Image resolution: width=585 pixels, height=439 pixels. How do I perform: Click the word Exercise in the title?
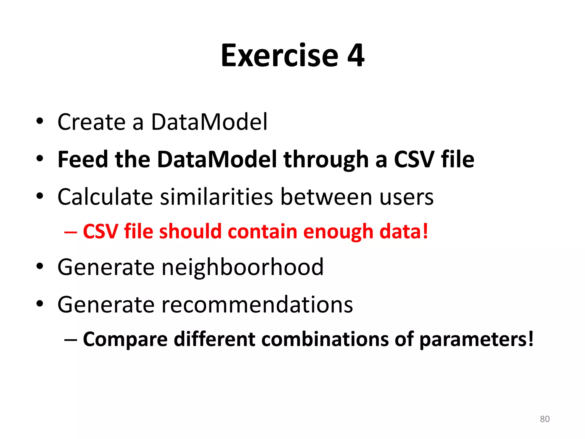[x=279, y=56]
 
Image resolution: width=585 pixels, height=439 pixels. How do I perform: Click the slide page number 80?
[x=545, y=419]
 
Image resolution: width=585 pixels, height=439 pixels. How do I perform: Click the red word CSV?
[x=100, y=231]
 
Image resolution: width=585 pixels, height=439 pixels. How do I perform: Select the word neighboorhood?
[x=243, y=267]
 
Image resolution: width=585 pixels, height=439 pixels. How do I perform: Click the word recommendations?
[x=257, y=305]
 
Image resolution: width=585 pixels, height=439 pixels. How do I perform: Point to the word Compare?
[x=125, y=340]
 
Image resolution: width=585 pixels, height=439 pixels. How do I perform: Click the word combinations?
[x=325, y=339]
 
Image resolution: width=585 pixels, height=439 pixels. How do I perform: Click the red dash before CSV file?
[x=71, y=232]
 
